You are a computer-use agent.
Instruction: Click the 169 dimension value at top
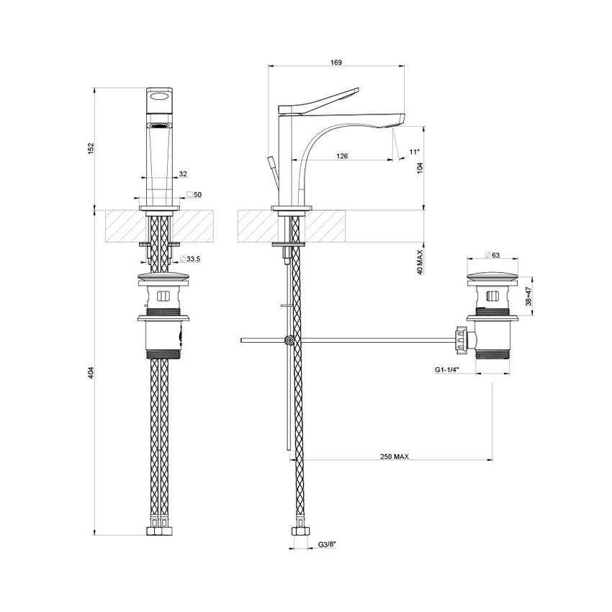tap(336, 63)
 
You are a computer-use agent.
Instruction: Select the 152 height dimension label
tap(91, 148)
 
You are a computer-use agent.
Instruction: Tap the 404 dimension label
tap(91, 372)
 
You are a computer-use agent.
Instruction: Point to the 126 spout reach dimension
tap(342, 156)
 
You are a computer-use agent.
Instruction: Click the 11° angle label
tap(413, 151)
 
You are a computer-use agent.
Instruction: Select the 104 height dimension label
tap(420, 168)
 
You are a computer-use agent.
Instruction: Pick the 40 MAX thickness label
tap(420, 261)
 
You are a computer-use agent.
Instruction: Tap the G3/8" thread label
tap(328, 546)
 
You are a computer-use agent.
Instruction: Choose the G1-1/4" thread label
tap(448, 370)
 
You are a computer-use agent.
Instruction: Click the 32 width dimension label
tap(183, 174)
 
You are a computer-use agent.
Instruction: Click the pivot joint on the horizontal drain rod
tap(289, 340)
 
